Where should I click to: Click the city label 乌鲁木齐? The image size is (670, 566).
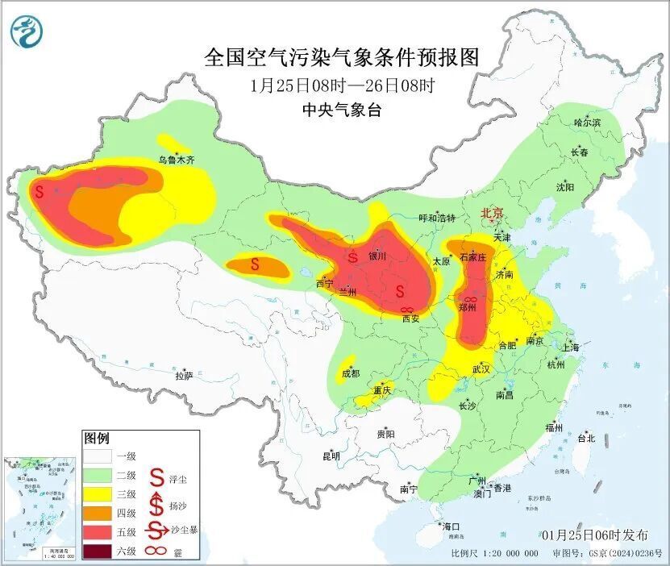click(176, 160)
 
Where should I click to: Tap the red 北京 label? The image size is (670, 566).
click(492, 213)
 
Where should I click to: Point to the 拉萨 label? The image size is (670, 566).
click(184, 375)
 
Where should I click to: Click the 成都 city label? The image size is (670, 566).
click(350, 373)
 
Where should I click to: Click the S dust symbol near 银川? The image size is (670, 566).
click(352, 258)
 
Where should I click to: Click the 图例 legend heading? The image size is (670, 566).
click(96, 439)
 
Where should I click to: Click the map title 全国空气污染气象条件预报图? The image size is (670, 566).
click(342, 57)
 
